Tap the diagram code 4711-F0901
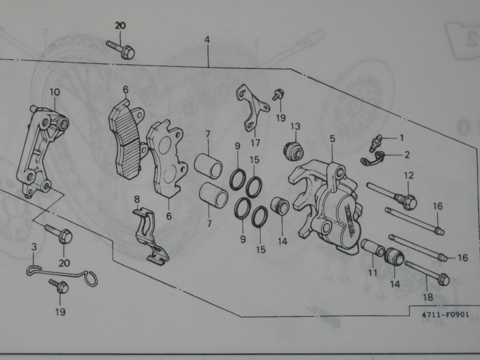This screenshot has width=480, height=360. coord(445,315)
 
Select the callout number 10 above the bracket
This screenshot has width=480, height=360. coord(55,92)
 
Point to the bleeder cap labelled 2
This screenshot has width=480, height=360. coord(372,159)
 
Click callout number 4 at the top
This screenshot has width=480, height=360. coord(207,40)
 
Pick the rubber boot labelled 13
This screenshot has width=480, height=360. coord(293,150)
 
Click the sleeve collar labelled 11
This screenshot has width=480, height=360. coord(372,247)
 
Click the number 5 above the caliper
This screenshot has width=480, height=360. coord(332,139)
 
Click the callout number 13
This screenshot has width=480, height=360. coord(295,126)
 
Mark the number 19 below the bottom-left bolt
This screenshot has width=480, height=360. coord(60,312)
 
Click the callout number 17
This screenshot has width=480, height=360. coord(255,142)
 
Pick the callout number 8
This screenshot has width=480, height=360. coord(136,200)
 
